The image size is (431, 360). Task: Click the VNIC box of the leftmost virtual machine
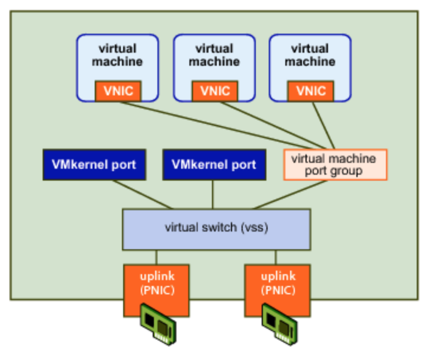pyautogui.click(x=118, y=91)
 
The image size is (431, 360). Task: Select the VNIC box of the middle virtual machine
pyautogui.click(x=215, y=91)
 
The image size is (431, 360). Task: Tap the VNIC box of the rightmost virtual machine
pyautogui.click(x=310, y=91)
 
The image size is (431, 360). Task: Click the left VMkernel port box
pyautogui.click(x=94, y=165)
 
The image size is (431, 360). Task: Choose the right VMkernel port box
pyautogui.click(x=214, y=165)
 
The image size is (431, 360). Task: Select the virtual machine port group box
pyautogui.click(x=335, y=165)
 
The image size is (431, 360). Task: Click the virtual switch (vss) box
pyautogui.click(x=216, y=229)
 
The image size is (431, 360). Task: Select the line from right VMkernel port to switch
pyautogui.click(x=213, y=194)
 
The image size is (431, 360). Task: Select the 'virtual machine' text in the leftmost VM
pyautogui.click(x=118, y=54)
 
